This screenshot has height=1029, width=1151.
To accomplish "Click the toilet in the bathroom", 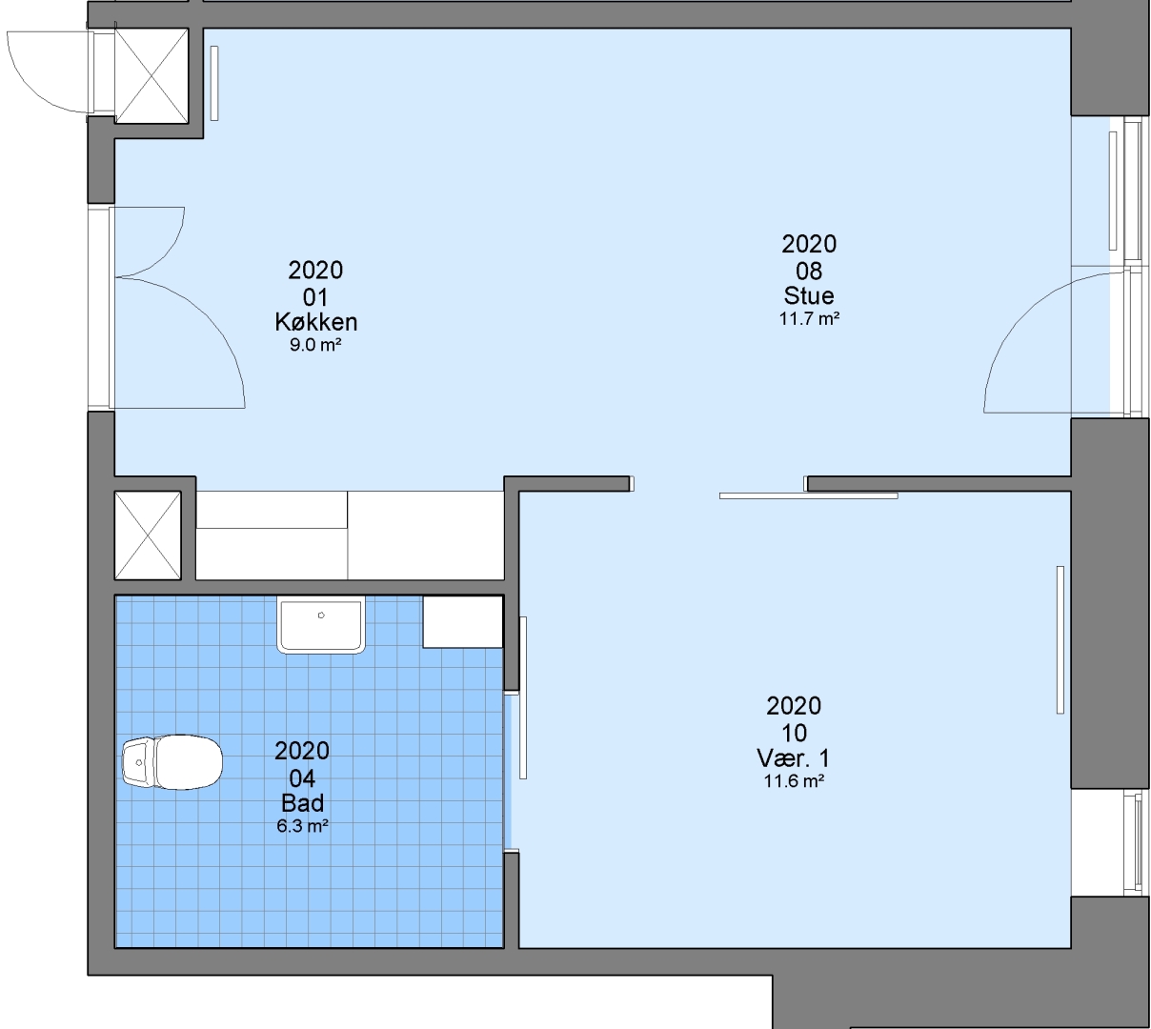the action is click(x=172, y=761).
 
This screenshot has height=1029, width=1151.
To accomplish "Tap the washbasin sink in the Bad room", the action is click(x=321, y=624).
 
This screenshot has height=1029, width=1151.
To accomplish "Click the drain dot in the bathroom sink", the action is click(x=321, y=615).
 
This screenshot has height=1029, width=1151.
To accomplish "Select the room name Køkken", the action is click(x=316, y=322).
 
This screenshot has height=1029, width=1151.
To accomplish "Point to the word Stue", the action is click(x=809, y=295).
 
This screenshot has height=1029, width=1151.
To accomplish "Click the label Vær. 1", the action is click(x=793, y=758).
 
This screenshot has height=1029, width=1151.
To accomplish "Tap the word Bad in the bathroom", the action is click(x=302, y=803).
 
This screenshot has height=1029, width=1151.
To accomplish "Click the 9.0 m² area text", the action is click(x=315, y=344).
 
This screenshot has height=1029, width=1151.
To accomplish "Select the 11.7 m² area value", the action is click(x=809, y=318).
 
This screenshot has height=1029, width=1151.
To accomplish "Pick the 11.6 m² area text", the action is click(x=794, y=780).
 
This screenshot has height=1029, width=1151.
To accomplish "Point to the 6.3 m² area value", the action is click(x=302, y=826).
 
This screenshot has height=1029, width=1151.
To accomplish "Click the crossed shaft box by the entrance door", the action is click(x=151, y=75).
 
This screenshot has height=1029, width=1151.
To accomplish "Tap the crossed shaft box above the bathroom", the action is click(x=148, y=535).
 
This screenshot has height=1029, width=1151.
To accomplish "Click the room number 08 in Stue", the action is click(x=809, y=271).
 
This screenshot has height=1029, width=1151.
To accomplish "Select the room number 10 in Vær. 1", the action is click(x=795, y=733).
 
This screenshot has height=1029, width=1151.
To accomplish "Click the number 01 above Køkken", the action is click(x=315, y=297).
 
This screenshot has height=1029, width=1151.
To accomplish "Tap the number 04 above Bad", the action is click(x=302, y=777).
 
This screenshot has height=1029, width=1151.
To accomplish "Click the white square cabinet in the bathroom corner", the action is click(x=462, y=621).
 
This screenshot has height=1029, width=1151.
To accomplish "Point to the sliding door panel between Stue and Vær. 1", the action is click(x=808, y=496).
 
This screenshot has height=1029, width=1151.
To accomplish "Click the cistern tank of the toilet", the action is click(x=138, y=762).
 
